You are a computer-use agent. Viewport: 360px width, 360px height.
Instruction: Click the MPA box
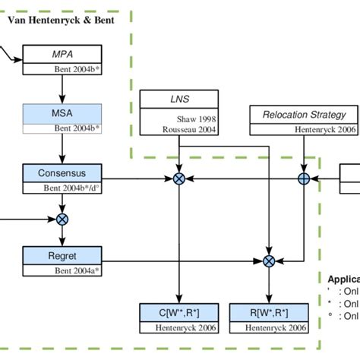(x=62, y=55)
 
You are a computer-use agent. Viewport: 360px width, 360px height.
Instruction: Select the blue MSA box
(x=62, y=113)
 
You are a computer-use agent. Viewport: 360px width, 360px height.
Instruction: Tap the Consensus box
(x=62, y=173)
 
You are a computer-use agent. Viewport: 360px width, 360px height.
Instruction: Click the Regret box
(x=62, y=254)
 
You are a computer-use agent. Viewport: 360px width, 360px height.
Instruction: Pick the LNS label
(x=180, y=99)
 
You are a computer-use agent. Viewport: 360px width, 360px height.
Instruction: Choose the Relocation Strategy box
(x=304, y=115)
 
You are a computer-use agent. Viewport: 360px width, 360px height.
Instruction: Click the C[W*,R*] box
(x=179, y=312)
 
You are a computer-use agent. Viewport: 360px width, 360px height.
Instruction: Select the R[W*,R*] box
(x=268, y=312)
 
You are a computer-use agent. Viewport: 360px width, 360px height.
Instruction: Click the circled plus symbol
(x=304, y=178)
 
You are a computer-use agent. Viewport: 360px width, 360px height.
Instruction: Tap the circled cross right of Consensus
(x=179, y=178)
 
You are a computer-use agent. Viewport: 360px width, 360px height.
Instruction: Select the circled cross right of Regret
(x=268, y=261)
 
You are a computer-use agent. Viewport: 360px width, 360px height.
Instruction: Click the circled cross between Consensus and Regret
(x=62, y=219)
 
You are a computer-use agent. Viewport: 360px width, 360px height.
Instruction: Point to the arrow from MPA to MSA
(x=62, y=88)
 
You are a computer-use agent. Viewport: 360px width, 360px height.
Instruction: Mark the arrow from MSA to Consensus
(x=62, y=147)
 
